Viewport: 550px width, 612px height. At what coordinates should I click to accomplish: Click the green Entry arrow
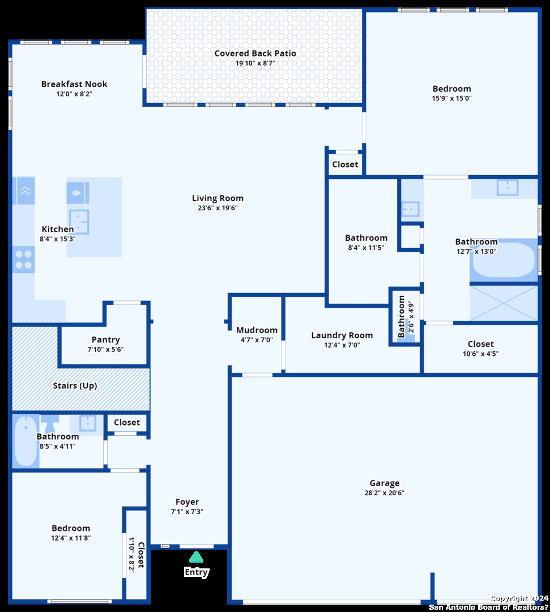[x=196, y=556]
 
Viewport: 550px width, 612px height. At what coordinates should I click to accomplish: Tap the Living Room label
[x=218, y=198]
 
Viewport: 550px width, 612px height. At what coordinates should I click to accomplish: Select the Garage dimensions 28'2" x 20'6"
[x=384, y=493]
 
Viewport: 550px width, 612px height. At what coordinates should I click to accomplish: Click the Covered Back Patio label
[x=255, y=53]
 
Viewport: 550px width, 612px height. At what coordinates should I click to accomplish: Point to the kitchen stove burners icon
[x=23, y=260]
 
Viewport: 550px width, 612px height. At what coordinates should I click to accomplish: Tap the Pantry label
[x=106, y=340]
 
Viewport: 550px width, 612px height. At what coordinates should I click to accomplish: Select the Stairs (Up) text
[x=75, y=386]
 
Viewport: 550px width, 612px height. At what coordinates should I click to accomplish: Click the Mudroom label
[x=257, y=330]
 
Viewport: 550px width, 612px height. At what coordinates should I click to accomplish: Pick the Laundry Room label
[x=342, y=335]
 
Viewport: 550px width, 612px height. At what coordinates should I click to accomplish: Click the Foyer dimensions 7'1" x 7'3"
[x=187, y=512]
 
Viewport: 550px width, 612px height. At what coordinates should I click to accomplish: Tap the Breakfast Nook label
[x=74, y=84]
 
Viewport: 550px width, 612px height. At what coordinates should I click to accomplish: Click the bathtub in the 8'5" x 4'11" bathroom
[x=25, y=441]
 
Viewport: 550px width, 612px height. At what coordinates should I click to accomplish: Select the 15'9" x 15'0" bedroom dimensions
[x=451, y=99]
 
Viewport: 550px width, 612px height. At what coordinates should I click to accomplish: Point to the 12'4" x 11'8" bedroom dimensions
[x=71, y=538]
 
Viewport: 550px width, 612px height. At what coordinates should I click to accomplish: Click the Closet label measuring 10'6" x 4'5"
[x=480, y=345]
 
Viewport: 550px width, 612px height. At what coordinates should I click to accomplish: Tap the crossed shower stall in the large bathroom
[x=504, y=303]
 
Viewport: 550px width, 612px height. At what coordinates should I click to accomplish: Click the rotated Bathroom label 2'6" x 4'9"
[x=402, y=317]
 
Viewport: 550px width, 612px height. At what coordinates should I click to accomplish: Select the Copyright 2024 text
[x=519, y=599]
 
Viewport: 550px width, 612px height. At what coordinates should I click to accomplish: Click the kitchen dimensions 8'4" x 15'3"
[x=57, y=239]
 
